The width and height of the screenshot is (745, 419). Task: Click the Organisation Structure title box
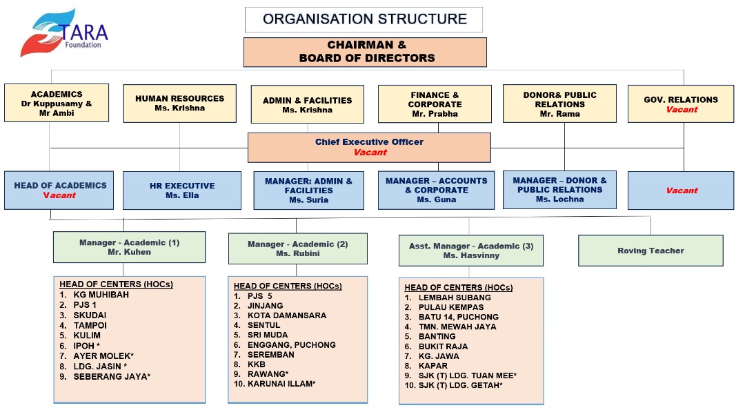[x=364, y=19]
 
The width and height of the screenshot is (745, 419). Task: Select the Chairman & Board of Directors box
[x=365, y=52]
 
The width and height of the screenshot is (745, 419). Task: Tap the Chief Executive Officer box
[x=369, y=147]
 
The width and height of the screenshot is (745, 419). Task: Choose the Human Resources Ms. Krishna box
[x=179, y=104]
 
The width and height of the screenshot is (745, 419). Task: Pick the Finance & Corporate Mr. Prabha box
[x=435, y=104]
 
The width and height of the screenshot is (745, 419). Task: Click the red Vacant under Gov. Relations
[x=681, y=110]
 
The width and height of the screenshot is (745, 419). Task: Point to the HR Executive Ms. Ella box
[x=182, y=191]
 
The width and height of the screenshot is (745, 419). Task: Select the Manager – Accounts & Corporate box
[x=436, y=190]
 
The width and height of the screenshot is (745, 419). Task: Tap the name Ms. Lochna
[x=559, y=199]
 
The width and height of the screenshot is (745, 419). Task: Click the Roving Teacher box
[x=650, y=251]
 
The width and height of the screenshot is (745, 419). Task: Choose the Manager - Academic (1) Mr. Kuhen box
[x=129, y=247]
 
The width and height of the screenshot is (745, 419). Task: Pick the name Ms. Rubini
[x=298, y=254]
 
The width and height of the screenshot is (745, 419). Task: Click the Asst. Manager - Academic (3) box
[x=470, y=251]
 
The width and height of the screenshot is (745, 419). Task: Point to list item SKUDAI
[x=90, y=315]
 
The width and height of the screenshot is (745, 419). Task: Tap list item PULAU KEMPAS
[x=451, y=307]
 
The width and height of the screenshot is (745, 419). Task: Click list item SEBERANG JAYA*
[x=112, y=376]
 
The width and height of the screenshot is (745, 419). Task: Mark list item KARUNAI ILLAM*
[x=281, y=383]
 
